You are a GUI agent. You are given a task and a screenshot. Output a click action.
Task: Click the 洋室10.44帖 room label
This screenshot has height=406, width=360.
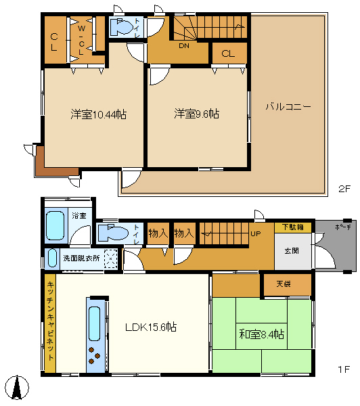click(98, 114)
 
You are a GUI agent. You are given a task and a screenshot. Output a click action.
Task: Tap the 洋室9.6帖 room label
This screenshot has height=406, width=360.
click(196, 114)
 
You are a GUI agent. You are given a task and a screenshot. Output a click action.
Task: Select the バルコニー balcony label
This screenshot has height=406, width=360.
click(288, 107)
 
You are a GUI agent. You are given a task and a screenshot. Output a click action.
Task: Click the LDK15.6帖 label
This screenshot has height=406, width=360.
click(151, 327)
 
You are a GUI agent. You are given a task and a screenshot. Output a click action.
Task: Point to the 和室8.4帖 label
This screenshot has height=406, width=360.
click(261, 334)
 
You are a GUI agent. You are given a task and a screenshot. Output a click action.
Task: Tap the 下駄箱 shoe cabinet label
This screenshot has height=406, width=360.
click(293, 227)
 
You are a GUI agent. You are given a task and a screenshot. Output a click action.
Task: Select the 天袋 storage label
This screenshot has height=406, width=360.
click(283, 284)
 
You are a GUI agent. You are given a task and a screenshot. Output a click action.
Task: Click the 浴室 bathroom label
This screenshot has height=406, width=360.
click(79, 216)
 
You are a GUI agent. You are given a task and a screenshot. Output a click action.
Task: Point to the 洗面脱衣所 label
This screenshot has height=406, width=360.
click(82, 258)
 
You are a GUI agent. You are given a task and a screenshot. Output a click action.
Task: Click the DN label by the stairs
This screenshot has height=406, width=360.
click(183, 46)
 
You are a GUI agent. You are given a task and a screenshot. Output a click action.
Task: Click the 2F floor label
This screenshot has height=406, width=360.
click(344, 188)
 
